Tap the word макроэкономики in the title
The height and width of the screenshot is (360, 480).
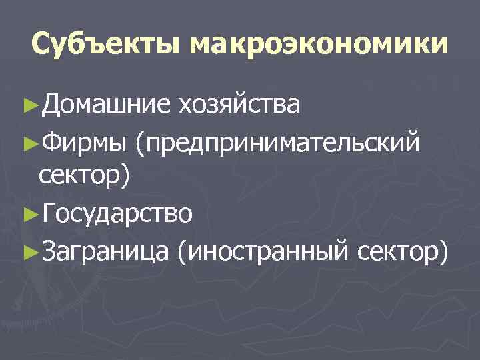tap(319, 45)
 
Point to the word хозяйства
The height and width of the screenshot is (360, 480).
tap(239, 105)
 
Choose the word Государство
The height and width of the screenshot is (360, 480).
tap(117, 215)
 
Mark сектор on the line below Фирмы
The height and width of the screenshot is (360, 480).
tap(83, 177)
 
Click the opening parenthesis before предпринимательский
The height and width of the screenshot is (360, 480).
tap(140, 142)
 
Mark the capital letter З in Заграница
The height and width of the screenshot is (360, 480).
tap(47, 251)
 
